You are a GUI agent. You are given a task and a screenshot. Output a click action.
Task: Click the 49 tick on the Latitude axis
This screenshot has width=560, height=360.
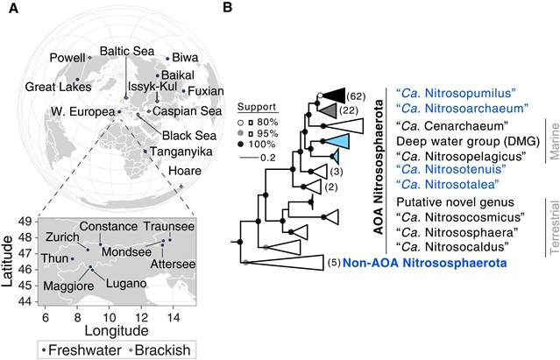pyautogui.click(x=26, y=221)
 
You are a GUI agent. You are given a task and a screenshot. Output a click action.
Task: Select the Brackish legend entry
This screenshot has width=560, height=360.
pyautogui.click(x=161, y=349)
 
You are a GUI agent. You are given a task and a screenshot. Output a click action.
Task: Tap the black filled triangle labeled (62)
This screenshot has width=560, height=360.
pyautogui.click(x=337, y=95)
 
